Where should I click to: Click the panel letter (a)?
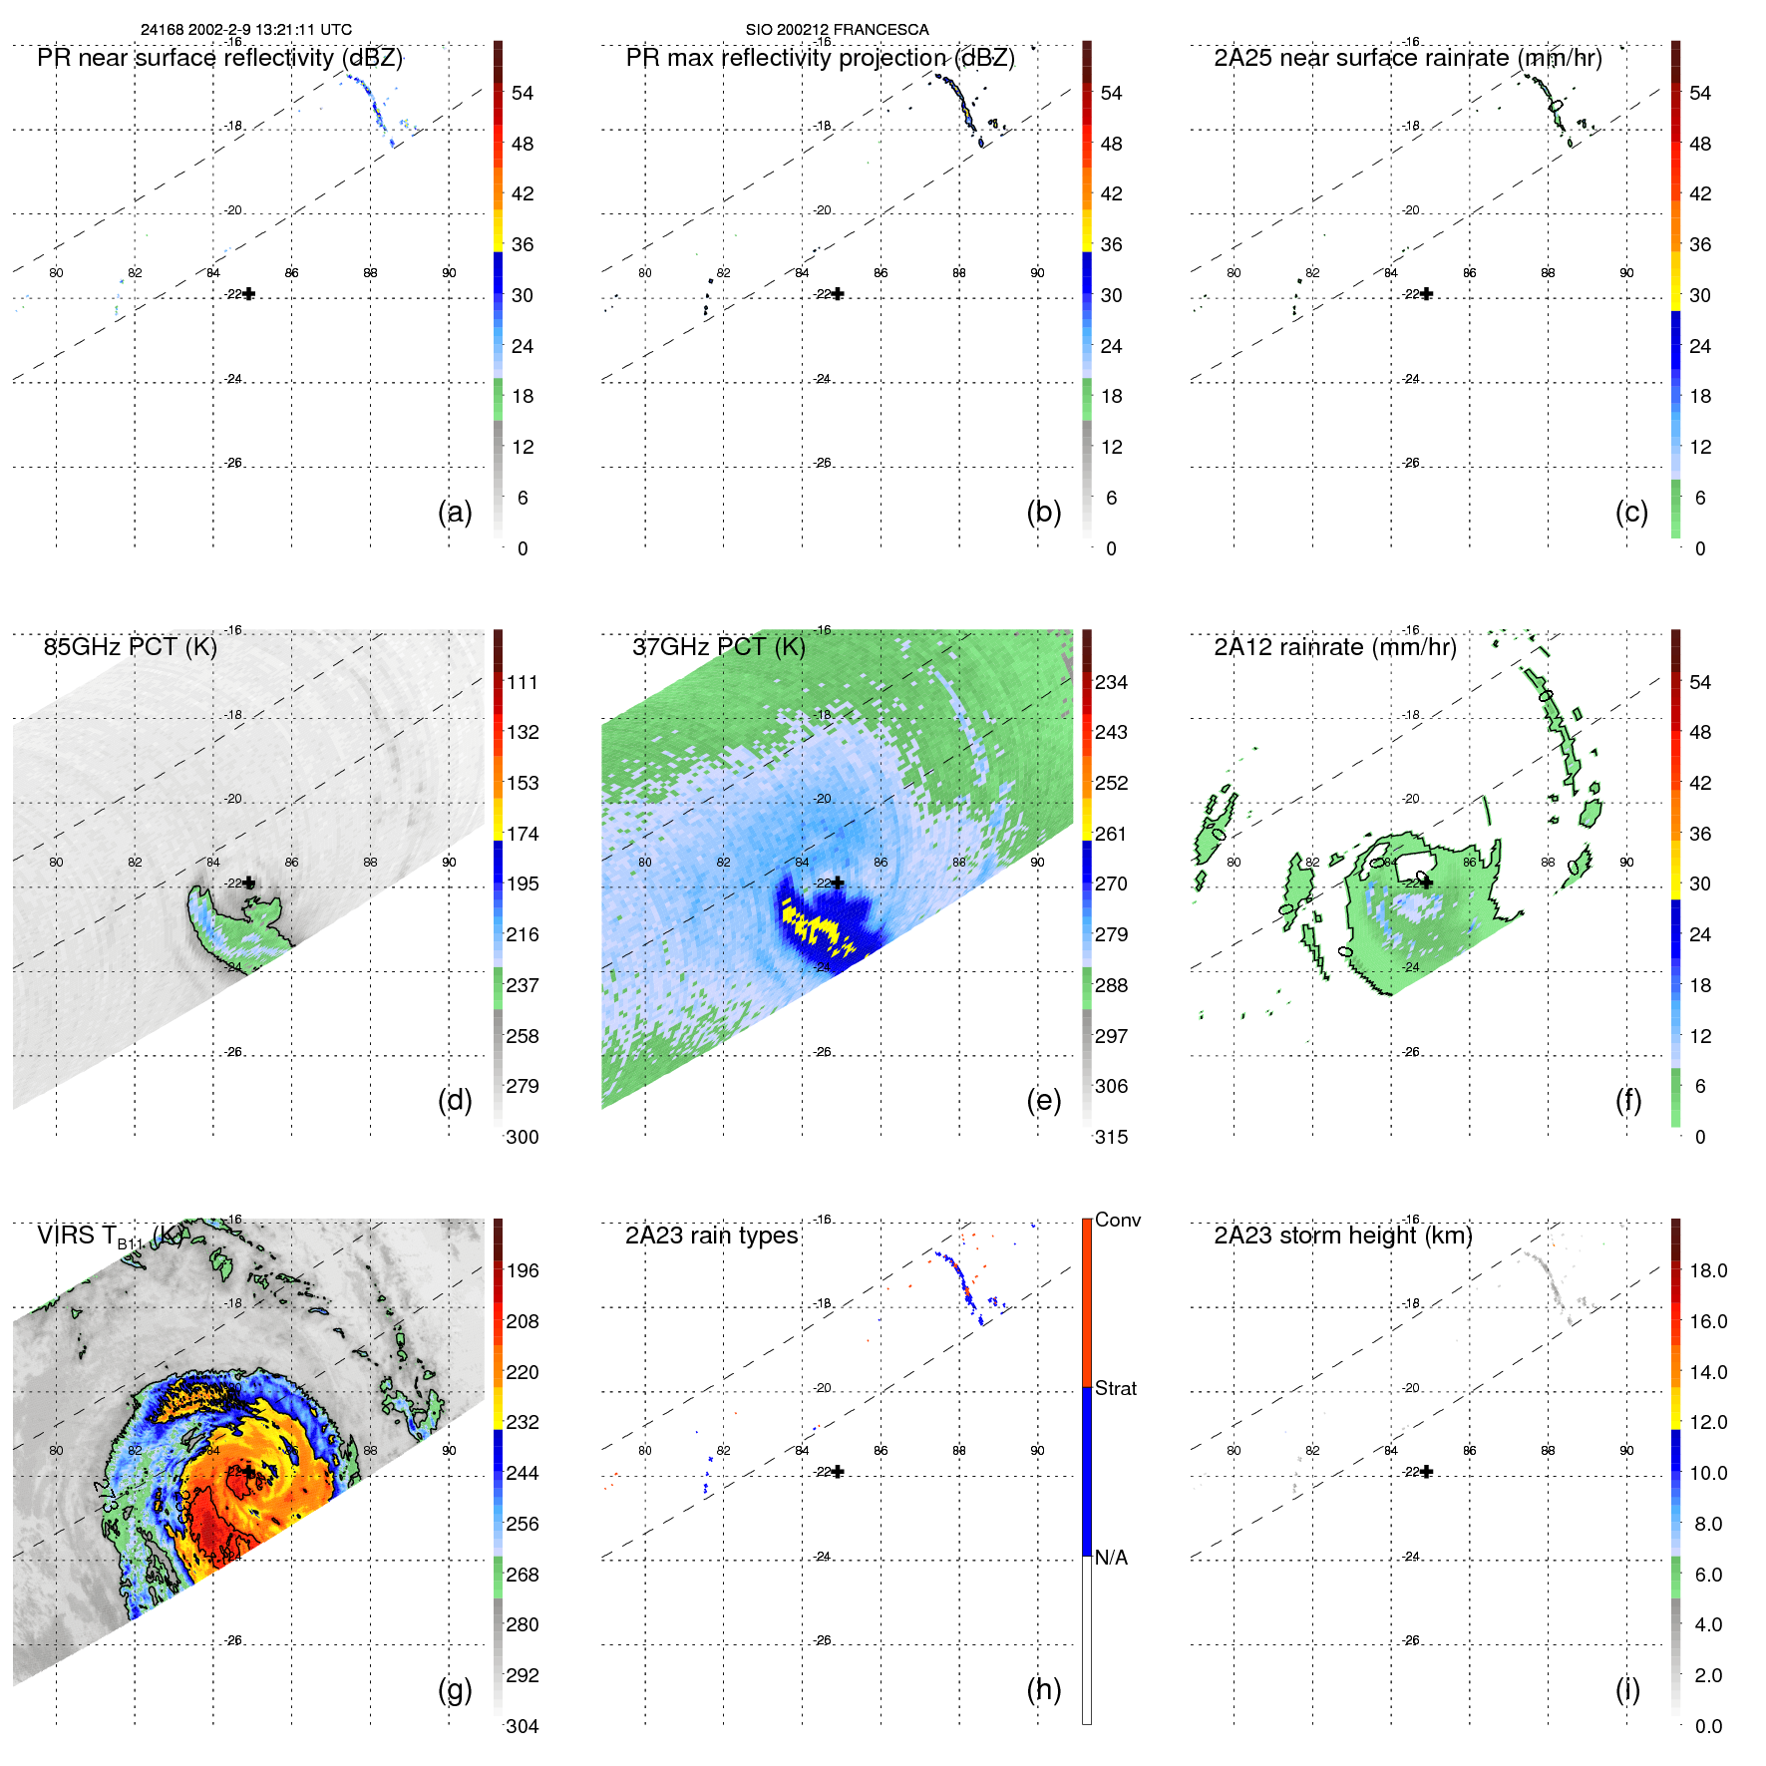tap(455, 512)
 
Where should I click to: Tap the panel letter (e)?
tap(1043, 1100)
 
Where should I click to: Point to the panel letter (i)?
tap(1627, 1689)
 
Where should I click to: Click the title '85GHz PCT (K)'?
tap(130, 647)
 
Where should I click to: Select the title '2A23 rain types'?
tap(711, 1236)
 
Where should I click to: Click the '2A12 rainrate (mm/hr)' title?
tap(1334, 647)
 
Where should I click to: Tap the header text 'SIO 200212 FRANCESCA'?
tap(837, 30)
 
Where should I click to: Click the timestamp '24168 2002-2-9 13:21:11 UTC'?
tap(245, 30)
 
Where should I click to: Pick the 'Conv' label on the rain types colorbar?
tap(1117, 1220)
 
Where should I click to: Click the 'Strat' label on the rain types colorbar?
tap(1115, 1388)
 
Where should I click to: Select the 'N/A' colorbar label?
tap(1111, 1558)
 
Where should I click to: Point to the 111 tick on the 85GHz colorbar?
tap(523, 682)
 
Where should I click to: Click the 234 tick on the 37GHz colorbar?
tap(1111, 682)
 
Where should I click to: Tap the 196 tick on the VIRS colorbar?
tap(523, 1270)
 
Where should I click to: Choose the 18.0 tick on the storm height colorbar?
tap(1707, 1270)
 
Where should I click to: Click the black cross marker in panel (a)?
tap(248, 294)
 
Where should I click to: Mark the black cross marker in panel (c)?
tap(1427, 294)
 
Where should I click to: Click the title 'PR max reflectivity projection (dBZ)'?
tap(820, 58)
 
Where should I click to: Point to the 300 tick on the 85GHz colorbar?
tap(523, 1137)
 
